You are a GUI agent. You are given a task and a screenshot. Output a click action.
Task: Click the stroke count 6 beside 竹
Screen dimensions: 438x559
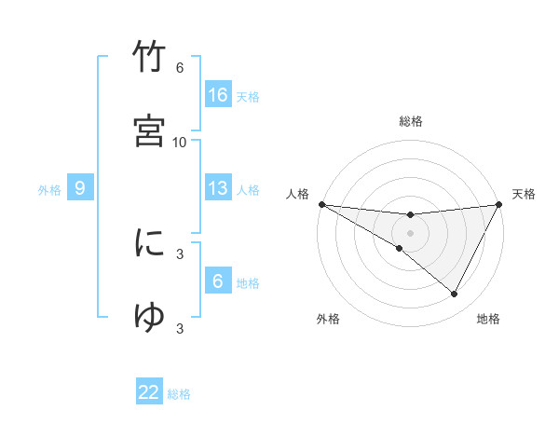pos(180,68)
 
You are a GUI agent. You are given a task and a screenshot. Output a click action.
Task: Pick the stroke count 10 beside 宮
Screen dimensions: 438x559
pos(180,142)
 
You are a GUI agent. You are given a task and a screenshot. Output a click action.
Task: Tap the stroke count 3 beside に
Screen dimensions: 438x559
pos(180,253)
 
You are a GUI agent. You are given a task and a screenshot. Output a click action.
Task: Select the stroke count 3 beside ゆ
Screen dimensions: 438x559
pos(180,327)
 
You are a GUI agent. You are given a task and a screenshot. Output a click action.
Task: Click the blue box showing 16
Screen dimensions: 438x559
pos(218,95)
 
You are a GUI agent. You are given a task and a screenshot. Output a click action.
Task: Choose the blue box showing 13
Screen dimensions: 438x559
pos(218,188)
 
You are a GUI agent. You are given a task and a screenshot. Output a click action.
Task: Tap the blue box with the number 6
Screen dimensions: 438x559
pos(218,281)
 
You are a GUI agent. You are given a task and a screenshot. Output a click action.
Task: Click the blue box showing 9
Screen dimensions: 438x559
pos(80,188)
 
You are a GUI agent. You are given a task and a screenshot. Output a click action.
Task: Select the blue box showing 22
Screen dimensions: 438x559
pos(149,392)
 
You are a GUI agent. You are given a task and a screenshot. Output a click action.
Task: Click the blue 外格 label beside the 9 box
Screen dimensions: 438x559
pos(49,190)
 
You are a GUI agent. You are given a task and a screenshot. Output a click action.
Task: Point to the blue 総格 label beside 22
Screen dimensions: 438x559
pos(179,394)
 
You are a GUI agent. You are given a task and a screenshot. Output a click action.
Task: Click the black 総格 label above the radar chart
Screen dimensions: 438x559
pos(411,121)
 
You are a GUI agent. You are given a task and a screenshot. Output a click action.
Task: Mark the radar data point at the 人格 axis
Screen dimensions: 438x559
pos(321,204)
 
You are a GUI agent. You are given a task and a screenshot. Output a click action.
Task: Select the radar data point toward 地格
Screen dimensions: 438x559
pos(455,294)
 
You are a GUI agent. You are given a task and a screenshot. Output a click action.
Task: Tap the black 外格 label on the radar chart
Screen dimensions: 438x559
pos(328,319)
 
